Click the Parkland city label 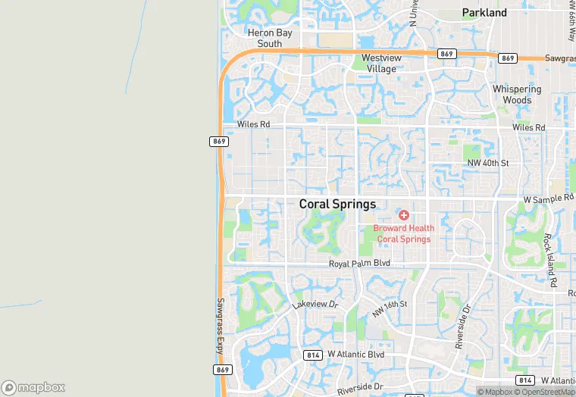coord(484,13)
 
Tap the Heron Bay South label coord(265,38)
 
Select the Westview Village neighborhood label coord(378,63)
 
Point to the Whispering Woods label coord(517,94)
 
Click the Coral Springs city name coord(337,204)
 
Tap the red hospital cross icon coord(403,216)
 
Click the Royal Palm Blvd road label coord(359,263)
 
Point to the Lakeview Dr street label coord(314,305)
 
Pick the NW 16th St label coord(390,308)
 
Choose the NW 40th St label coord(487,163)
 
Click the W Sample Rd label coord(549,198)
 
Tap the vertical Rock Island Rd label coord(550,259)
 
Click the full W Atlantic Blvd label coord(355,355)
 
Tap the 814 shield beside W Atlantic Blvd coord(312,355)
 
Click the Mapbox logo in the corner coord(33,387)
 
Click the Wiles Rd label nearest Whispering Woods coord(528,127)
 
